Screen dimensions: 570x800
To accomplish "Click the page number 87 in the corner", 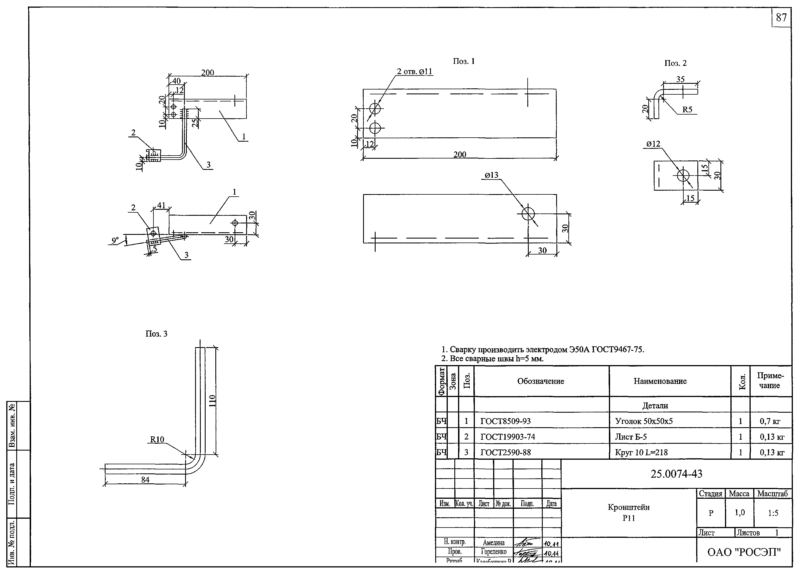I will pos(781,18).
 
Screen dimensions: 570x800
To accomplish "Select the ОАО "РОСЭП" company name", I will pos(744,552).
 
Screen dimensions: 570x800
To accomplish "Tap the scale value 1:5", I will pos(773,513).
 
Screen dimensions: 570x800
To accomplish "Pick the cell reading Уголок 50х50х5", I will pos(643,421).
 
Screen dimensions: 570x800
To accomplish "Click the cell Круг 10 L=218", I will pos(641,452).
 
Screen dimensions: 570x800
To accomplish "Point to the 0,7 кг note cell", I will pos(770,421).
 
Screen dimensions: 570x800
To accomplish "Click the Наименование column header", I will pos(660,381).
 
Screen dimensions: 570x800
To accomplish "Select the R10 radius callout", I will pos(157,439).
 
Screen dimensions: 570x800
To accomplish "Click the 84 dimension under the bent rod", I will pos(145,479).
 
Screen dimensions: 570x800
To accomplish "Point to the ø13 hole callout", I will pos(491,175).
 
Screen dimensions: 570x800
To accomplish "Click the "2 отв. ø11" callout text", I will pos(414,72).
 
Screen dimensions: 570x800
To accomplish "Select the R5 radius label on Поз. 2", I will pos(687,109).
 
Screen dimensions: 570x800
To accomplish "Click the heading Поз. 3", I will pos(156,334).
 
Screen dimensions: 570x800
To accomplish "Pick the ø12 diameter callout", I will pos(653,144).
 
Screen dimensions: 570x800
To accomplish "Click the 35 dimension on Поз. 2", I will pos(680,79).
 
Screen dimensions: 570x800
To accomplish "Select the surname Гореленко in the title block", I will pos(493,552).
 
